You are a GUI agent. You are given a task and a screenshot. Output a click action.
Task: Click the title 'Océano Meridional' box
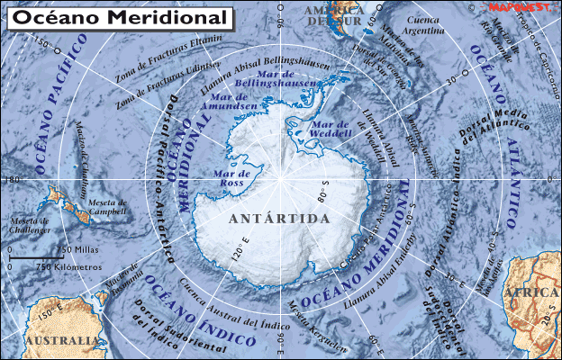(118, 17)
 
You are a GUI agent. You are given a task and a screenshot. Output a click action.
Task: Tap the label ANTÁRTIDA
(279, 219)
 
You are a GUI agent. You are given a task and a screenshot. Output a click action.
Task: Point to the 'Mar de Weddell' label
(331, 129)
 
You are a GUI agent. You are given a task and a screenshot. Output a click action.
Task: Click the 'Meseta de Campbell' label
(107, 207)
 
